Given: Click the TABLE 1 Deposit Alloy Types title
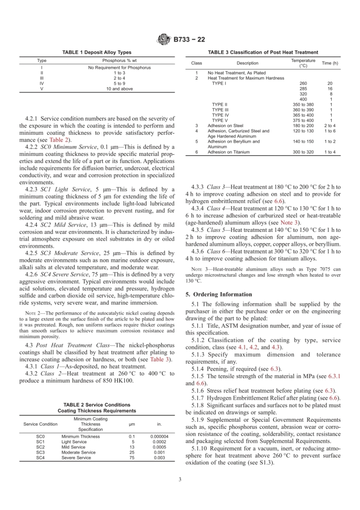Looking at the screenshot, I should [97, 52].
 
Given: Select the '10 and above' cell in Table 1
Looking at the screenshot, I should [119, 89].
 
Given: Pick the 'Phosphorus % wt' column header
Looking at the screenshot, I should [119, 60].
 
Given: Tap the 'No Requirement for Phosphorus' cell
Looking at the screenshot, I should [119, 67].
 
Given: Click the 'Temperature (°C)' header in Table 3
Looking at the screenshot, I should [303, 63].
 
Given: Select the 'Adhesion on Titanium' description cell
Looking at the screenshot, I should [229, 152].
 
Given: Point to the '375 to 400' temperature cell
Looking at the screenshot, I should [303, 120].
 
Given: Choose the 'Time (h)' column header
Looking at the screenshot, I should [330, 63].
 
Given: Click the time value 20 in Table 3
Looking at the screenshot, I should [330, 83].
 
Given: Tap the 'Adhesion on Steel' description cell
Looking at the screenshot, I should [225, 126].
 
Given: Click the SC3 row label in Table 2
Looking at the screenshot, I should [40, 452].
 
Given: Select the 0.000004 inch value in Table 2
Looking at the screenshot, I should [159, 436].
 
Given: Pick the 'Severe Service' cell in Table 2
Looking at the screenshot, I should [76, 458].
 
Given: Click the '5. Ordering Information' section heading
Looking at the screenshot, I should [219, 294].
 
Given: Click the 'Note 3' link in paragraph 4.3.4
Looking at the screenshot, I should [289, 223].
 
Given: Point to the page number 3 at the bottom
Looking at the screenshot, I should [180, 479].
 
